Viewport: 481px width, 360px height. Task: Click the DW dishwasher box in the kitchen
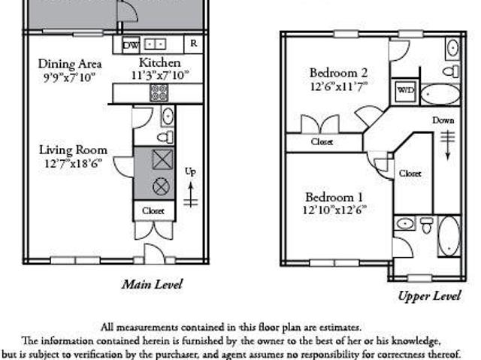[x=131, y=45]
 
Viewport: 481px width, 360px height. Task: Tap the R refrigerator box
[x=193, y=44]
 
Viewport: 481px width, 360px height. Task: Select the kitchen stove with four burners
[x=159, y=92]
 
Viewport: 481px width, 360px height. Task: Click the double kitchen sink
[x=156, y=44]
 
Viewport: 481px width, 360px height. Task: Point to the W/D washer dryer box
[x=406, y=91]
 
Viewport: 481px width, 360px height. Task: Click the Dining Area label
[x=70, y=64]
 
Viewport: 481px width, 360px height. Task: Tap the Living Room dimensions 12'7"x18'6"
[x=73, y=163]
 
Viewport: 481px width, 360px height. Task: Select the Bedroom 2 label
[x=338, y=73]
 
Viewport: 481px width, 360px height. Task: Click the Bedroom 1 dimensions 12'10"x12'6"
[x=334, y=210]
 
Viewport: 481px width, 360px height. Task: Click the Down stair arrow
[x=448, y=145]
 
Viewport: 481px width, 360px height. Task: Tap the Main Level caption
[x=152, y=284]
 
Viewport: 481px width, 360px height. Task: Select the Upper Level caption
[x=429, y=296]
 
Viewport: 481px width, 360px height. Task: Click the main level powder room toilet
[x=165, y=137]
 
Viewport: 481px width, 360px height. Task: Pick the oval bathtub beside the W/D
[x=440, y=95]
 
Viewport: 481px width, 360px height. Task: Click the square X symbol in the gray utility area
[x=162, y=159]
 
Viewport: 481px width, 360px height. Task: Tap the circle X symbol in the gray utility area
[x=161, y=186]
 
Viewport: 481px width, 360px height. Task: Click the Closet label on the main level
[x=153, y=211]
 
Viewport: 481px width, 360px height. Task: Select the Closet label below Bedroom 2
[x=322, y=141]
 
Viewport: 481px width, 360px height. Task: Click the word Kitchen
[x=160, y=62]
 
